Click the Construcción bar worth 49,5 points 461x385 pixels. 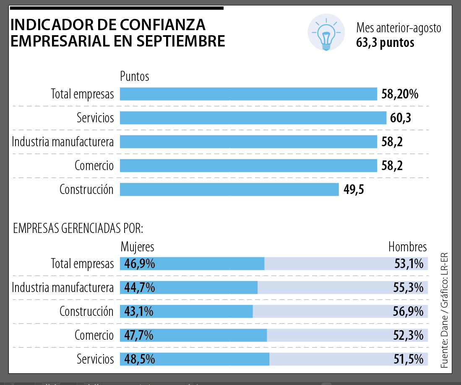[229, 189]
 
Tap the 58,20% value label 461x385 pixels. [400, 94]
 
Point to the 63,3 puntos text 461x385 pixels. [385, 43]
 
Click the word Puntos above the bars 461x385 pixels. [134, 76]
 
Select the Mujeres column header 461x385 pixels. [137, 247]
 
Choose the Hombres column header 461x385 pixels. [407, 247]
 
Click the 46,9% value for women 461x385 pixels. [138, 264]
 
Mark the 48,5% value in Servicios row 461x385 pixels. [138, 359]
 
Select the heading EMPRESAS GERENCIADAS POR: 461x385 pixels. [78, 228]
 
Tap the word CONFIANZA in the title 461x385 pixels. [164, 25]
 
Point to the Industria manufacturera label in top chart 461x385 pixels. [63, 142]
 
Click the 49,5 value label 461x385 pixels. [354, 190]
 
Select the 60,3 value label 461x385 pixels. [400, 118]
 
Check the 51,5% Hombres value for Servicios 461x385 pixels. [409, 359]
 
